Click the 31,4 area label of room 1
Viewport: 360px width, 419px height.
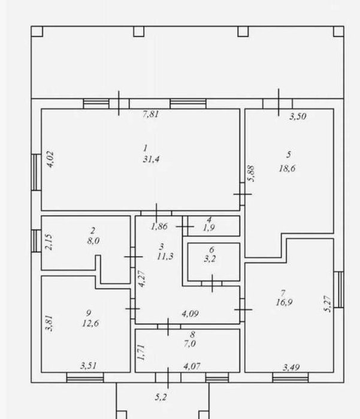152,159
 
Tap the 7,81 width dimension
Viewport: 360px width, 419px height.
151,114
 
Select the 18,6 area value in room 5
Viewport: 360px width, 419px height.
288,168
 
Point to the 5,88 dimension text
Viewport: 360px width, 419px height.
251,174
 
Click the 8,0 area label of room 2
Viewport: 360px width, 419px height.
93,241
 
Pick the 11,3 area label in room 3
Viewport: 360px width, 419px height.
165,257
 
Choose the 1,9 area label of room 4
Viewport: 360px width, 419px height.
209,228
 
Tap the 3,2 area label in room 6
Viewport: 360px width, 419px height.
210,259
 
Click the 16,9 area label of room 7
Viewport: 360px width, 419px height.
284,302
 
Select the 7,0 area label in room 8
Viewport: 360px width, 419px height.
190,344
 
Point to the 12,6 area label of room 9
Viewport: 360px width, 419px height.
90,323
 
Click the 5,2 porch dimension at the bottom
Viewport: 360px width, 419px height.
161,397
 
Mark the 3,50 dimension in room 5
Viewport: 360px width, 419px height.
298,116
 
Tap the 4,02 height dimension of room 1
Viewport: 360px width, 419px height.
50,159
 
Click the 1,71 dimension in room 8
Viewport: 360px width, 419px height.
141,353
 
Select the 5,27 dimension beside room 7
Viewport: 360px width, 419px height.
328,304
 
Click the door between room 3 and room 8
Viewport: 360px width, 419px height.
169,327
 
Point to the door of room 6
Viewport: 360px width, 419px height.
212,284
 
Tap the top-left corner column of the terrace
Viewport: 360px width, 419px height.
37,31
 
